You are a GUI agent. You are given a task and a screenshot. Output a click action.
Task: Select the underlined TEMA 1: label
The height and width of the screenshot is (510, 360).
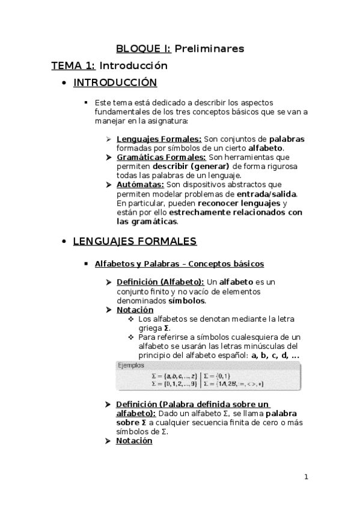pyautogui.click(x=73, y=66)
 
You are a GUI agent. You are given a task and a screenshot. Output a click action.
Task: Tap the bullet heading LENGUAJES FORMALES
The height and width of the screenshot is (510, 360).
pyautogui.click(x=135, y=242)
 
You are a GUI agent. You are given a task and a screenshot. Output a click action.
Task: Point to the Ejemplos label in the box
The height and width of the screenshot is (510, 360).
pyautogui.click(x=130, y=365)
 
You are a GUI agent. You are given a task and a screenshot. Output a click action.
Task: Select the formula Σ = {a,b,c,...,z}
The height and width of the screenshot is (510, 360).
pyautogui.click(x=174, y=375)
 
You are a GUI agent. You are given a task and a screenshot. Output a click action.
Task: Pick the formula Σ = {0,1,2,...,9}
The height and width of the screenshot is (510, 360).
pyautogui.click(x=174, y=383)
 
